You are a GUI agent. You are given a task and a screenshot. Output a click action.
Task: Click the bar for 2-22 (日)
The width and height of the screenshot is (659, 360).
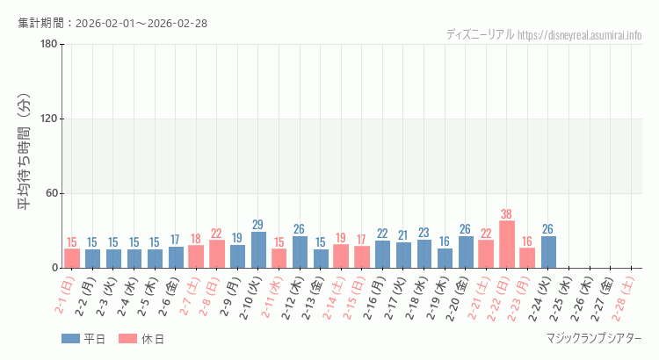(x=507, y=244)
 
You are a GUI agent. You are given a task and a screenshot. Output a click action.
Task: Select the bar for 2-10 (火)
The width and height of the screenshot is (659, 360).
(x=258, y=249)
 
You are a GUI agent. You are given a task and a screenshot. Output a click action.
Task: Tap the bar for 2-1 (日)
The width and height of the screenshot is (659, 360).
(x=72, y=258)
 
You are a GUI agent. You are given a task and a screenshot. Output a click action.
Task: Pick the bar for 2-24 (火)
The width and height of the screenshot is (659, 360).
(x=548, y=252)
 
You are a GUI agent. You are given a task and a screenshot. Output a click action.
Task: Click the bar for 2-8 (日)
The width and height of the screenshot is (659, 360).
(x=217, y=254)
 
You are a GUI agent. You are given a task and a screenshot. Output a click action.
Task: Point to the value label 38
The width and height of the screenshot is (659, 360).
(x=507, y=213)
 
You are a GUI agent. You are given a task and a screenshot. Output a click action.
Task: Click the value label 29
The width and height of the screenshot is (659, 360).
(x=258, y=225)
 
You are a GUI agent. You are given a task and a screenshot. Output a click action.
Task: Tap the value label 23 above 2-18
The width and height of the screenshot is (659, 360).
(x=424, y=233)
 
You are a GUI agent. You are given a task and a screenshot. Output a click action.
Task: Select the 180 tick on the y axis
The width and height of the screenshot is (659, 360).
(x=48, y=45)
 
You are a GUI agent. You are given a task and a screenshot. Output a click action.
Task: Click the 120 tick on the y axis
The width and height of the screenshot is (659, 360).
(x=48, y=119)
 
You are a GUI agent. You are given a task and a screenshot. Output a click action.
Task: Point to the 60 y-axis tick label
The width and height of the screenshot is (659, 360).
(x=51, y=194)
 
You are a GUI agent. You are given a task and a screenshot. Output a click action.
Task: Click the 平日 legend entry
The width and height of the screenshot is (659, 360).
(x=83, y=339)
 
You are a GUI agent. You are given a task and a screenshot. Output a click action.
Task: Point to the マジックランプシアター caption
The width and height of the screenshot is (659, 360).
(x=594, y=339)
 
